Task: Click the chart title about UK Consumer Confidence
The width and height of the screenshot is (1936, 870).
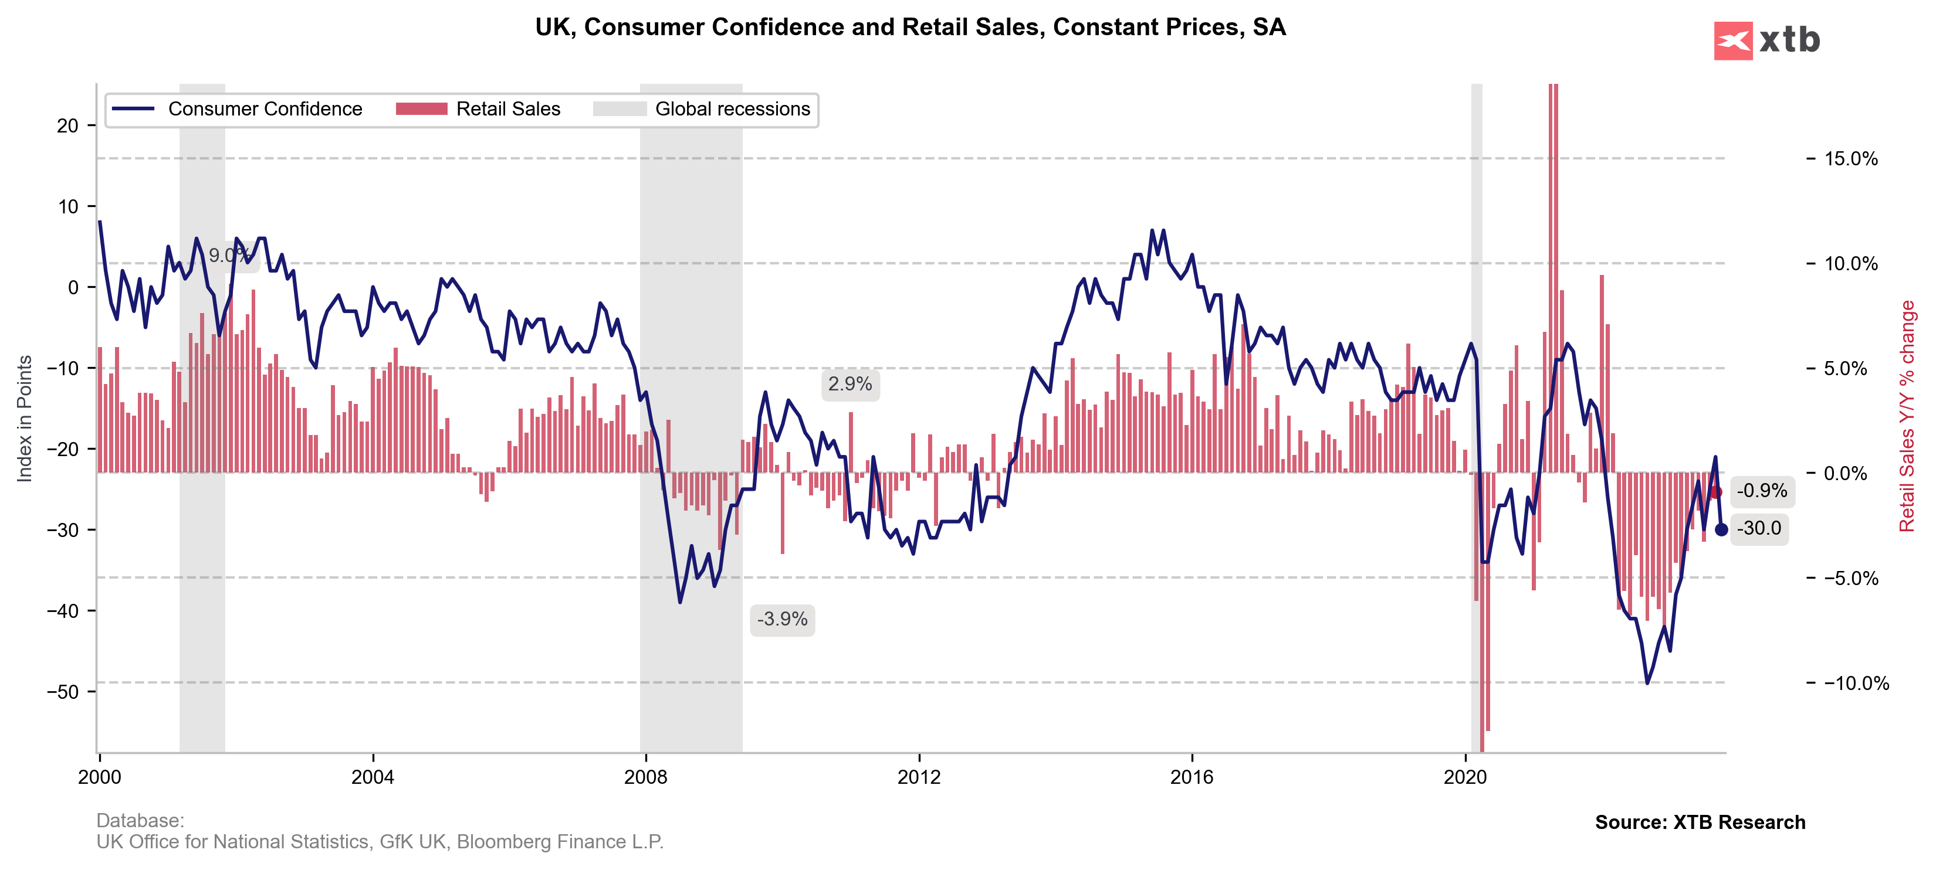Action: tap(910, 27)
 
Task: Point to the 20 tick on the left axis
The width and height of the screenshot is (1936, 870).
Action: tap(67, 125)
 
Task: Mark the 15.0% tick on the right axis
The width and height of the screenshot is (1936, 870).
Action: tap(1850, 158)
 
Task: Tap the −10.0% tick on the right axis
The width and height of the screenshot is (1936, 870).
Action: tap(1856, 683)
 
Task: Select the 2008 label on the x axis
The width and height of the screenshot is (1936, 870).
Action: tap(645, 777)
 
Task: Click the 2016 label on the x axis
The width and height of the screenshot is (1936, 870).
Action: tap(1192, 777)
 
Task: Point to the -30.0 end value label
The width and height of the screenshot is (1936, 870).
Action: tap(1759, 528)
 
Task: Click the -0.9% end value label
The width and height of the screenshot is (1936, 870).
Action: tap(1762, 491)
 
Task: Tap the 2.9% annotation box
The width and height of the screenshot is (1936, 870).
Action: tap(850, 384)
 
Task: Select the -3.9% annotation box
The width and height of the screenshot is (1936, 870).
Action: tap(783, 619)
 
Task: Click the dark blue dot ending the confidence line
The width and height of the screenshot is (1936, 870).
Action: tap(1721, 529)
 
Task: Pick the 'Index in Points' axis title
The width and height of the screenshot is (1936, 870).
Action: tap(25, 418)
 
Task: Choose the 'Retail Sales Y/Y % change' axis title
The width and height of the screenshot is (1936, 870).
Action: tap(1907, 416)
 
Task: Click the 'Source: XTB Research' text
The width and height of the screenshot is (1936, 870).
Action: tap(1700, 822)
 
